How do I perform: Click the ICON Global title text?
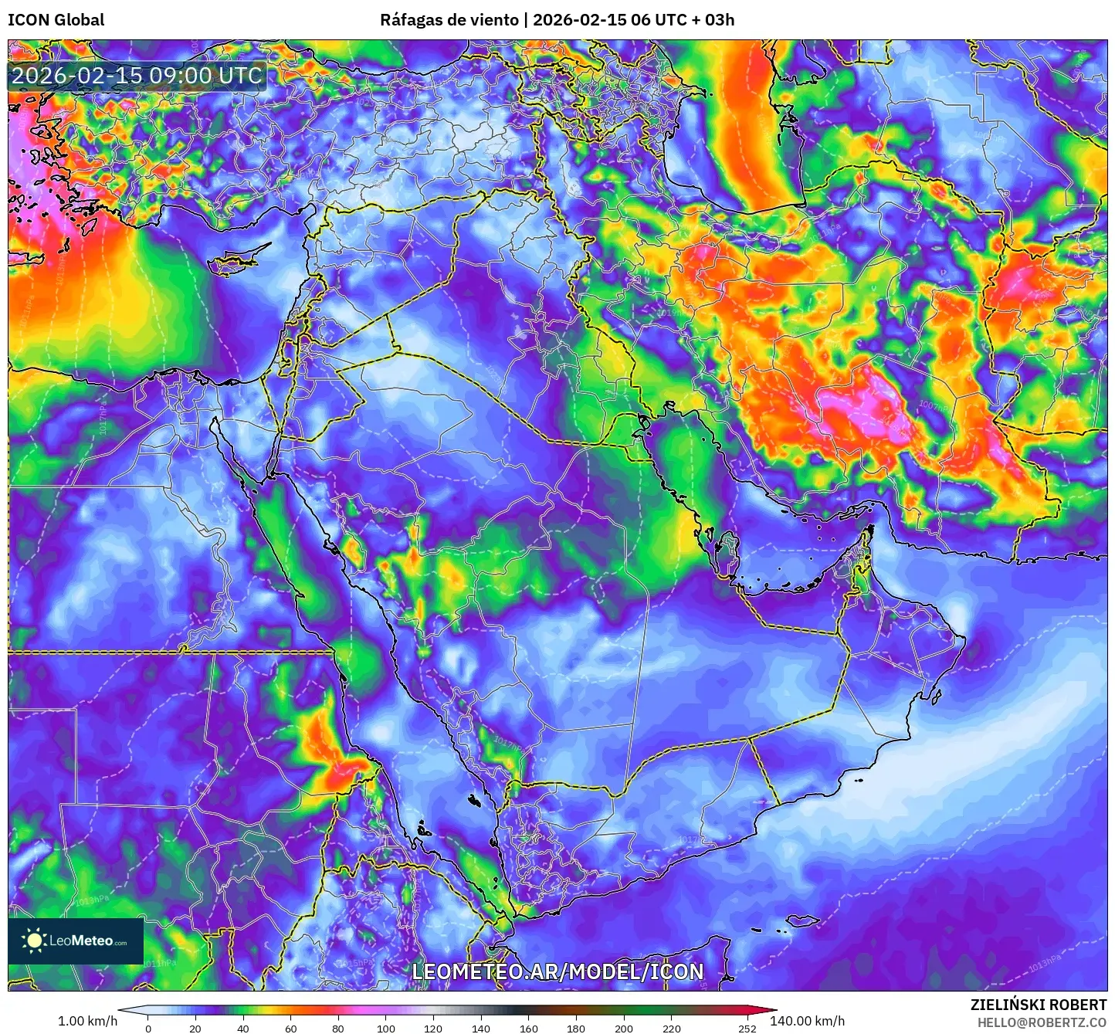56,20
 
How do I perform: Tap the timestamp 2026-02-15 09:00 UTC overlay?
137,76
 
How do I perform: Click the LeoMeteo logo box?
76,941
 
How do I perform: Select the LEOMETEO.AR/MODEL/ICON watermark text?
557,971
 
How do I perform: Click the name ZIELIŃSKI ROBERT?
1038,1005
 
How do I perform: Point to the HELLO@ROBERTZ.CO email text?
1042,1022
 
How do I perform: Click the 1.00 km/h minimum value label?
87,1021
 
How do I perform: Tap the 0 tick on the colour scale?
148,1029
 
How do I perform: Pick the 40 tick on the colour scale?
243,1029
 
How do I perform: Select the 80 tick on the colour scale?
338,1029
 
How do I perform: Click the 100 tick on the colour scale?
386,1029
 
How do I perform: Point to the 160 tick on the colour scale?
528,1029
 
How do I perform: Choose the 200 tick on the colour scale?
624,1029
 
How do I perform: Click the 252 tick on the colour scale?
747,1029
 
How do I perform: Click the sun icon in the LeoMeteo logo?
34,940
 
